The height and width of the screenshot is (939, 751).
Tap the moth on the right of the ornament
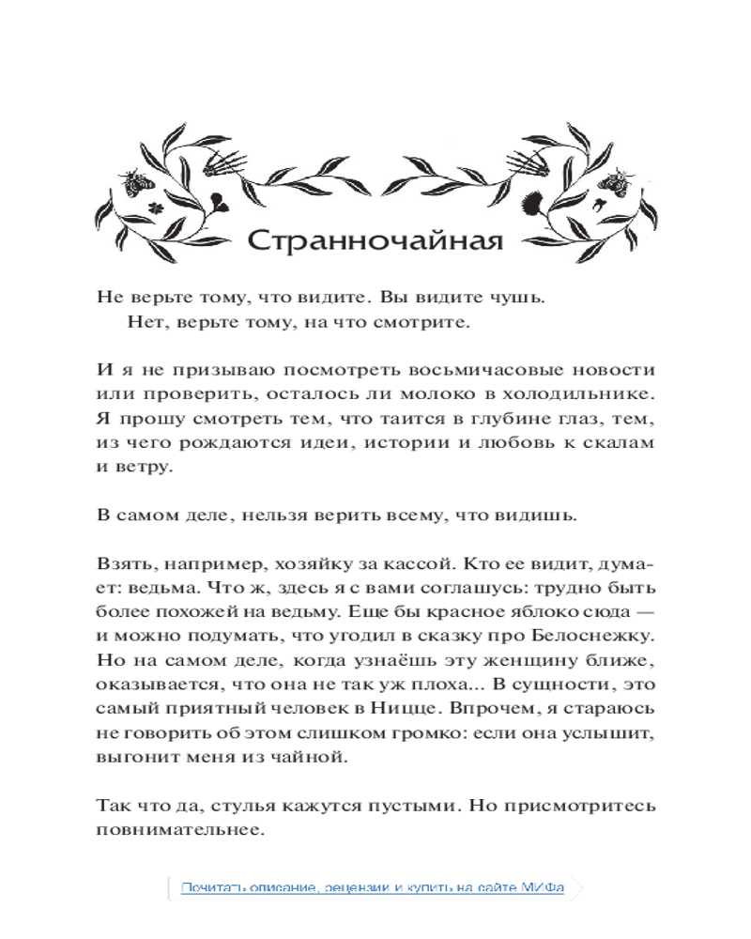pyautogui.click(x=618, y=180)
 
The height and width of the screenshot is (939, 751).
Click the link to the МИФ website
pyautogui.click(x=373, y=887)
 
